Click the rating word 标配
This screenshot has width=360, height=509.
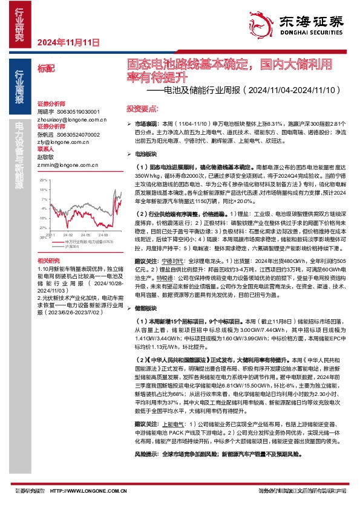45,70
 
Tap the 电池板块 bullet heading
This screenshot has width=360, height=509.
147,155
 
